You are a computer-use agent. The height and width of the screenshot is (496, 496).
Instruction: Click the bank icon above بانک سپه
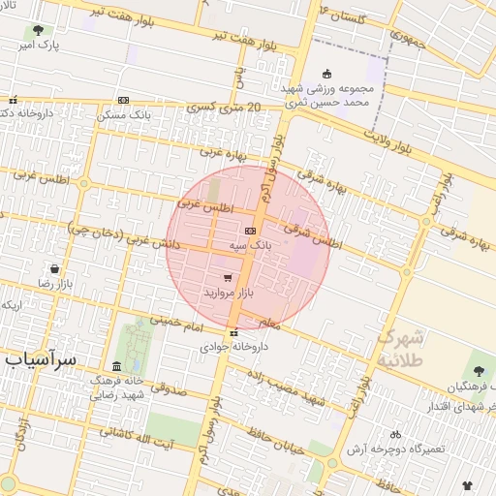251,231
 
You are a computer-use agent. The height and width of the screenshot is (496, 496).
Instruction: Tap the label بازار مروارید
228,292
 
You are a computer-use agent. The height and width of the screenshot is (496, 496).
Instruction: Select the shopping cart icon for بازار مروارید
228,277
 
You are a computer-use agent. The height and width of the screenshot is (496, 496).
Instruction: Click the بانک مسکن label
122,114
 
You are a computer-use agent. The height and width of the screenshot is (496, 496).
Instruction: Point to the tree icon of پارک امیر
38,32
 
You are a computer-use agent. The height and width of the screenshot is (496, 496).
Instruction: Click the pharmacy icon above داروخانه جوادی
232,332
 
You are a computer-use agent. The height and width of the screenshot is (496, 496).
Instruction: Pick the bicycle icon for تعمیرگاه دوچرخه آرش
394,434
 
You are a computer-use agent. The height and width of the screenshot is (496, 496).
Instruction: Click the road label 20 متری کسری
229,109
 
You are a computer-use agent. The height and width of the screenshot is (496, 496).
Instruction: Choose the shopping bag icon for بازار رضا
54,268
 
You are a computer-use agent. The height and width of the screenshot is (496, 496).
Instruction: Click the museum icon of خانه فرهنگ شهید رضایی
117,365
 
